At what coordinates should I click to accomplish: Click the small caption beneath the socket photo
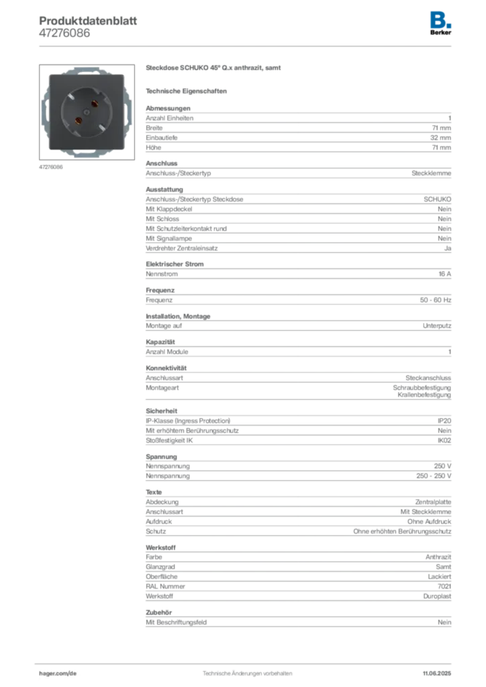click(51, 167)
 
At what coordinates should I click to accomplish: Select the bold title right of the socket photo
click(214, 69)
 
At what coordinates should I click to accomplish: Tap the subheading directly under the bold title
click(188, 91)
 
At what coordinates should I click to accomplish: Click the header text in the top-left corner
click(88, 25)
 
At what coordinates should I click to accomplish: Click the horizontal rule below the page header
click(246, 45)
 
